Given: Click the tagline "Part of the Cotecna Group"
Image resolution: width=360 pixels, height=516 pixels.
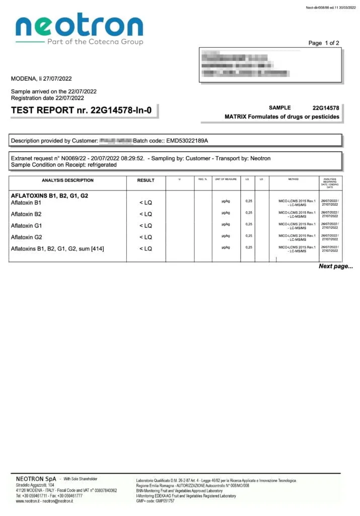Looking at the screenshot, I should (x=95, y=42).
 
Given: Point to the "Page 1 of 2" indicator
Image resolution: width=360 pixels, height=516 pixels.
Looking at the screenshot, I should (x=324, y=43).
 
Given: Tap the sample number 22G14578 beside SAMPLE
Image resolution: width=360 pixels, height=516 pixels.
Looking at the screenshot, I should (x=326, y=108).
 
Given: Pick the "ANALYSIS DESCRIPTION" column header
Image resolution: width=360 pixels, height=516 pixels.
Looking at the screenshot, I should (x=67, y=180).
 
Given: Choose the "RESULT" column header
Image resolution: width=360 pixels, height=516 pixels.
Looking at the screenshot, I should (x=146, y=180).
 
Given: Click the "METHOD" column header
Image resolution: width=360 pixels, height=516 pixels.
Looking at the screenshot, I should (x=294, y=179).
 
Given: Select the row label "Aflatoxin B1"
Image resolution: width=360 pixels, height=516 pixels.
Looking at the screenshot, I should (x=26, y=203).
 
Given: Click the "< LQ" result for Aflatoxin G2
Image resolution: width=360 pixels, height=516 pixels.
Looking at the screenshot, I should (x=146, y=237).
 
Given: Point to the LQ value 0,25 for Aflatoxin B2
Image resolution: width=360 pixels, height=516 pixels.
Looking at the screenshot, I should (x=249, y=213).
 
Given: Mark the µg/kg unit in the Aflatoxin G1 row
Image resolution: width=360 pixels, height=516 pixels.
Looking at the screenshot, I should (x=226, y=224).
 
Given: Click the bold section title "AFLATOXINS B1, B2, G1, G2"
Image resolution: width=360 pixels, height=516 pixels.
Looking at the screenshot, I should (x=49, y=196).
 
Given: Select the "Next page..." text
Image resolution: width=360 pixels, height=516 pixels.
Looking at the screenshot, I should (x=336, y=266).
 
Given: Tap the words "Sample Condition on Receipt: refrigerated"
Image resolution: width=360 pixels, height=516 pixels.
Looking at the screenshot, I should (x=64, y=165).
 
